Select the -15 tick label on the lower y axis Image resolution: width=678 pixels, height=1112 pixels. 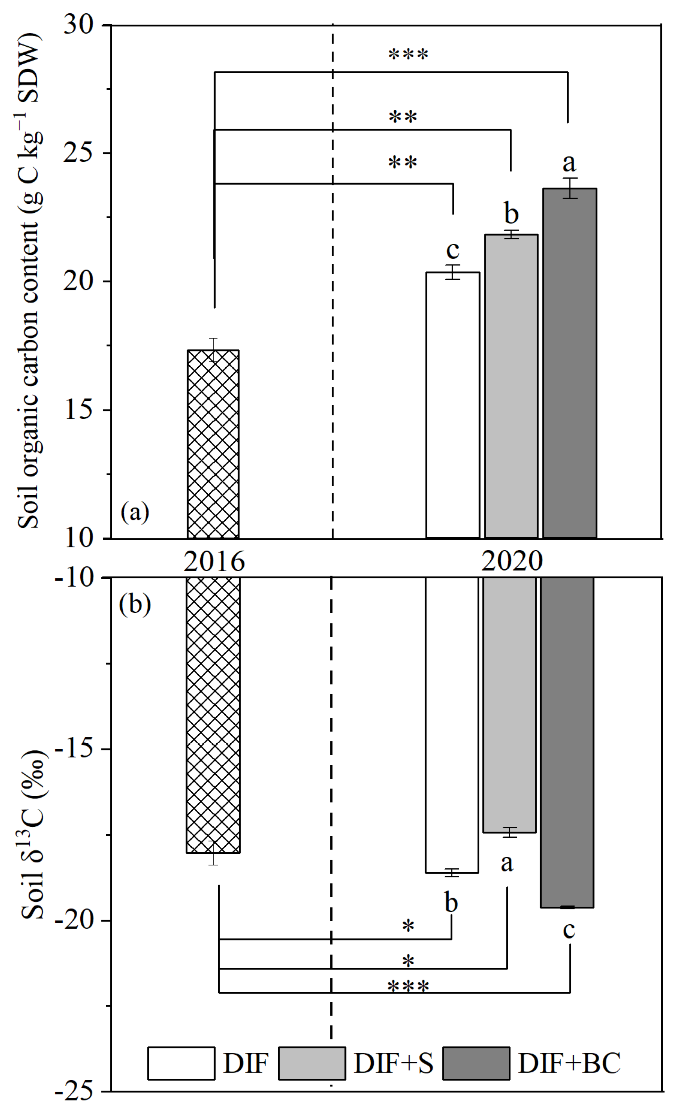point(74,750)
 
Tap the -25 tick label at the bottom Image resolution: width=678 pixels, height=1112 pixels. point(74,1092)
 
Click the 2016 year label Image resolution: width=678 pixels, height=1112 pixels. point(214,561)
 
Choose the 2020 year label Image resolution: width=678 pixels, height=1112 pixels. point(511,561)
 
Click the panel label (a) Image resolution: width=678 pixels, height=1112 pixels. point(134,512)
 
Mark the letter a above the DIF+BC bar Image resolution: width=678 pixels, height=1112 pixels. point(569,163)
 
